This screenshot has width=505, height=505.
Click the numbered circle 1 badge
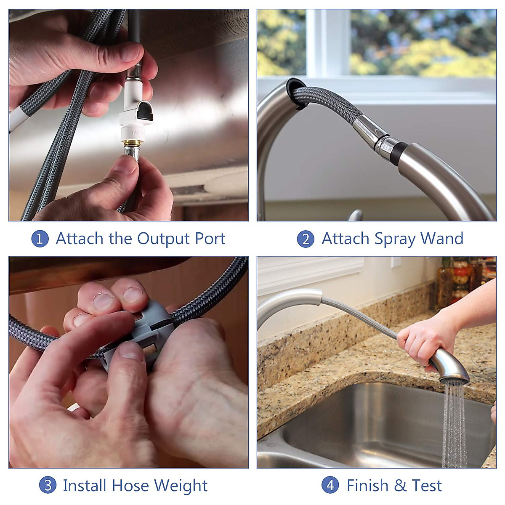tap(40, 239)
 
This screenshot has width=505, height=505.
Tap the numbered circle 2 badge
tap(306, 239)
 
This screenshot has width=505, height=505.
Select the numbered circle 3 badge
tap(48, 485)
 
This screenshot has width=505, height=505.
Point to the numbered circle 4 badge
tap(330, 485)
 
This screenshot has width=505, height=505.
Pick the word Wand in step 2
tap(441, 239)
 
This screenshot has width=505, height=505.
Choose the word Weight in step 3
tap(181, 486)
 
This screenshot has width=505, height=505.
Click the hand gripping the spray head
tap(421, 341)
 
